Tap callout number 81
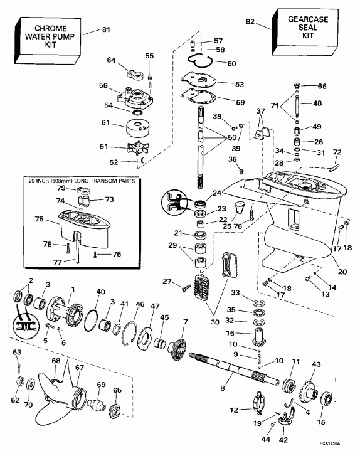105,29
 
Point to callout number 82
250,22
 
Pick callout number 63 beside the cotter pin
18,352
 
